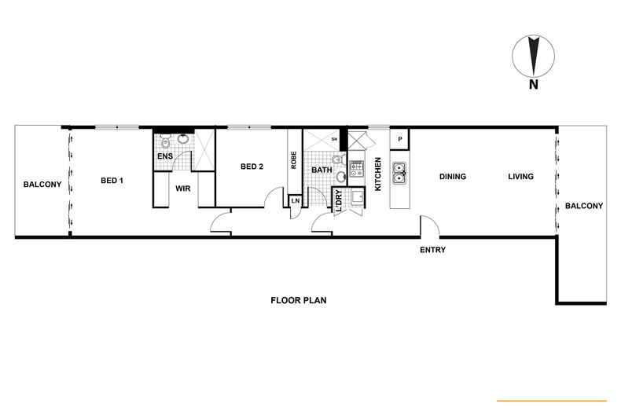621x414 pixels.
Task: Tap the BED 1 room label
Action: (112, 181)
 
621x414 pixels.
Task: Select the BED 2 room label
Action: (252, 166)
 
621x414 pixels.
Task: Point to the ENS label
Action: (164, 156)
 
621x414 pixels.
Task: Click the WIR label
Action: (183, 189)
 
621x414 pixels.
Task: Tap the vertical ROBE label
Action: (293, 160)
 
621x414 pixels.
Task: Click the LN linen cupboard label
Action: (295, 201)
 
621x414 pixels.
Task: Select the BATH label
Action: (322, 170)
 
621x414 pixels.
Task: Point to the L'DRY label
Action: (339, 200)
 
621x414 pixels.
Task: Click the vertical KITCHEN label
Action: (378, 174)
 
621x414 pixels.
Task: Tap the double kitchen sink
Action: (399, 172)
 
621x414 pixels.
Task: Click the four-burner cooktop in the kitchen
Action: (357, 167)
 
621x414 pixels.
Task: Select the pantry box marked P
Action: (400, 139)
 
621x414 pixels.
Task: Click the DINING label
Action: (453, 177)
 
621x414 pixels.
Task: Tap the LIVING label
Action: (520, 177)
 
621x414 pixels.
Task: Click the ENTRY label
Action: (432, 250)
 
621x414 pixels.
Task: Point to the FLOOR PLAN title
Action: (298, 300)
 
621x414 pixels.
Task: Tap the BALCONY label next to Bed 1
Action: (42, 185)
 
